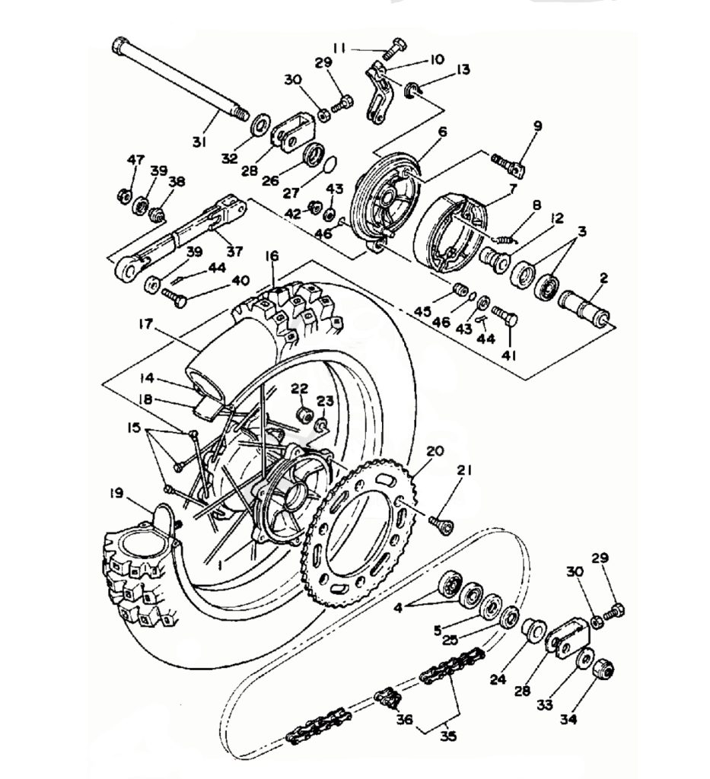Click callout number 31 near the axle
(x=199, y=141)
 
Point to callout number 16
(x=272, y=256)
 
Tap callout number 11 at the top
(x=339, y=48)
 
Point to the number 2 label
(x=603, y=279)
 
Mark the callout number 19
(x=116, y=493)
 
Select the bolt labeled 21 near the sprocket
(x=441, y=523)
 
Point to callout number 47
(x=135, y=160)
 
